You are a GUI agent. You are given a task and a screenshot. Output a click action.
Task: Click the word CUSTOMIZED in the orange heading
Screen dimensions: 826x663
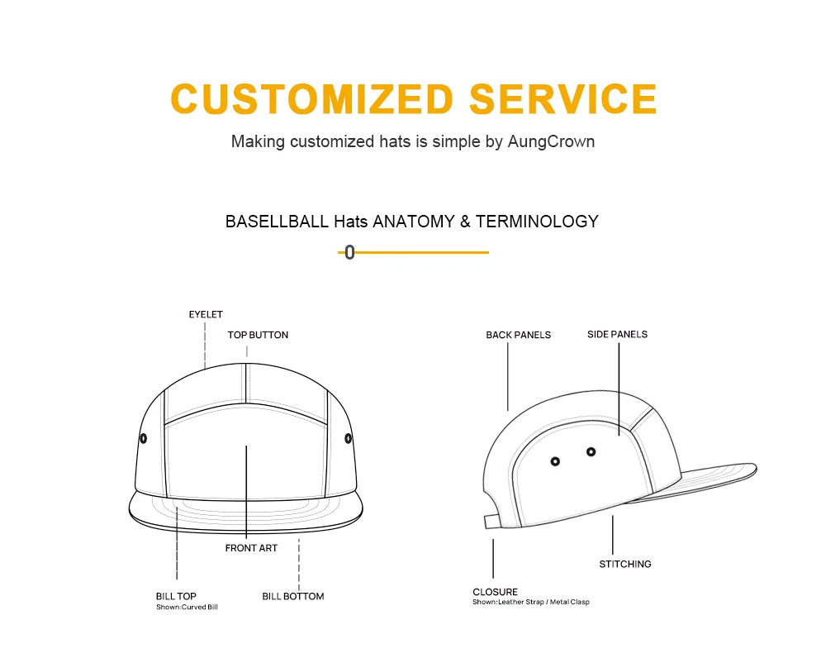311,99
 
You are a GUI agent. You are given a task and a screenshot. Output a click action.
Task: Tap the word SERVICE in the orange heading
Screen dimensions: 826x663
563,99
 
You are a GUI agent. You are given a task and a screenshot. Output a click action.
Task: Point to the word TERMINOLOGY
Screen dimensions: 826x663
537,222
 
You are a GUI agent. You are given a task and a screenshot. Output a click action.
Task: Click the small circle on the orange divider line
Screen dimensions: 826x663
349,252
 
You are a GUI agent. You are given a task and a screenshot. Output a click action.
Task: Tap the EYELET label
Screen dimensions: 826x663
206,314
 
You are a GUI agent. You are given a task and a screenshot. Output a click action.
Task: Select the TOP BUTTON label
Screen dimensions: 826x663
258,335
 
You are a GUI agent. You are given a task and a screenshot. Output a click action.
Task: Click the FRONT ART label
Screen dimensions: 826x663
251,548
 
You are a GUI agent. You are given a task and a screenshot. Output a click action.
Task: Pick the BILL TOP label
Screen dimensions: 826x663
176,596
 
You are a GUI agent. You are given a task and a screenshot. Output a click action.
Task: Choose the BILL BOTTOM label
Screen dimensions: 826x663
292,596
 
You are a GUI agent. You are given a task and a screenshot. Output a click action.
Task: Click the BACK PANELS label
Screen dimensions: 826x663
518,335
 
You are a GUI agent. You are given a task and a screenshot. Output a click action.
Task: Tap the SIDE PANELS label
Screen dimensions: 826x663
617,334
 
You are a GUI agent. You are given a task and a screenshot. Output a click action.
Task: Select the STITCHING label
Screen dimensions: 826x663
624,564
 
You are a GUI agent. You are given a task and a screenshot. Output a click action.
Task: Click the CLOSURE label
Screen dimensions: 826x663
495,592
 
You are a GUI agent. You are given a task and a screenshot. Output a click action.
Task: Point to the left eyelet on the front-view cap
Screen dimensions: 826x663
144,437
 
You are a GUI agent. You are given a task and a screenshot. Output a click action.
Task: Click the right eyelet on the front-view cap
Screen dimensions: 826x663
348,437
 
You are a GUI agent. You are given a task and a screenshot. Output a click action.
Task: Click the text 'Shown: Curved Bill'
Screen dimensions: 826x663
187,608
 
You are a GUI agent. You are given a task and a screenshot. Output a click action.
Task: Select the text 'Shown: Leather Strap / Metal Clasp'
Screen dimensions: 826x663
530,602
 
